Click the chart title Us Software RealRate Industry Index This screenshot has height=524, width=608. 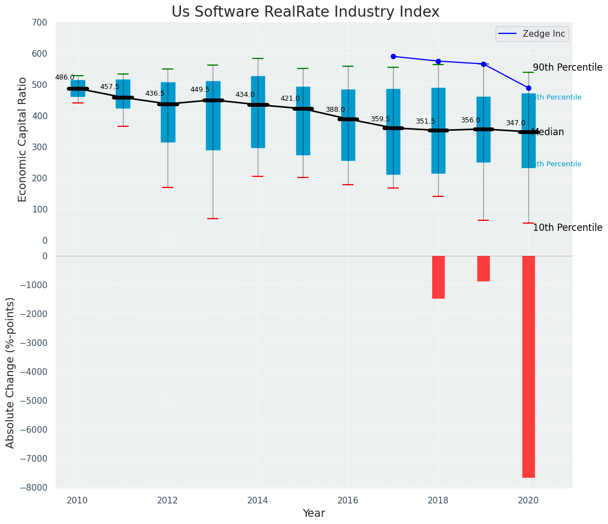pos(305,12)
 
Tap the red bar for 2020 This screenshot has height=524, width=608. pos(528,367)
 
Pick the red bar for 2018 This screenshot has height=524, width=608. pos(438,277)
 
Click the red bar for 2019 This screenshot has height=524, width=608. pos(483,269)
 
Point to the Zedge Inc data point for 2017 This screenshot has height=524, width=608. pos(393,56)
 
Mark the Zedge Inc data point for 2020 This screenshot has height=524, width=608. pos(528,88)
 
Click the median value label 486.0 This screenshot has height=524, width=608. pos(65,78)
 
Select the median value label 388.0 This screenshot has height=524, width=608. pos(335,110)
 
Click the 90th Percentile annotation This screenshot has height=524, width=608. pos(567,68)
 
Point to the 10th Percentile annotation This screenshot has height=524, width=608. pos(567,228)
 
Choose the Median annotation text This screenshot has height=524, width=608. pos(548,132)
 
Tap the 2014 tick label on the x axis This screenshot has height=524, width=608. pos(258,501)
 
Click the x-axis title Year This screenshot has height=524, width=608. pos(313,513)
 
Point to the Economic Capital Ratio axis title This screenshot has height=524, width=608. pos(23,139)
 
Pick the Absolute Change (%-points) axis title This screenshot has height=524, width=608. pos(11,372)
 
